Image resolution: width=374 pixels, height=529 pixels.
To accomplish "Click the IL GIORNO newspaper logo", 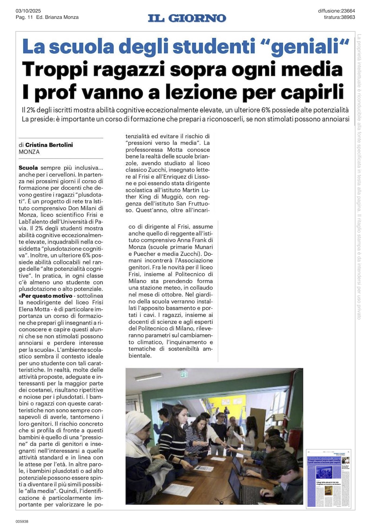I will (187, 18).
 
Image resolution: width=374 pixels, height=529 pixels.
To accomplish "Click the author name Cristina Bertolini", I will (49, 145).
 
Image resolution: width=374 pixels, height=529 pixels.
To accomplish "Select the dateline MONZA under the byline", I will (29, 152).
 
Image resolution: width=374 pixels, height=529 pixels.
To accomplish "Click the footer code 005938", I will (22, 521).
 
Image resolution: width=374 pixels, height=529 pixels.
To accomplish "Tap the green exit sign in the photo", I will (183, 374).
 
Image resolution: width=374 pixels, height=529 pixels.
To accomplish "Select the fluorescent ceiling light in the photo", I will (149, 377).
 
